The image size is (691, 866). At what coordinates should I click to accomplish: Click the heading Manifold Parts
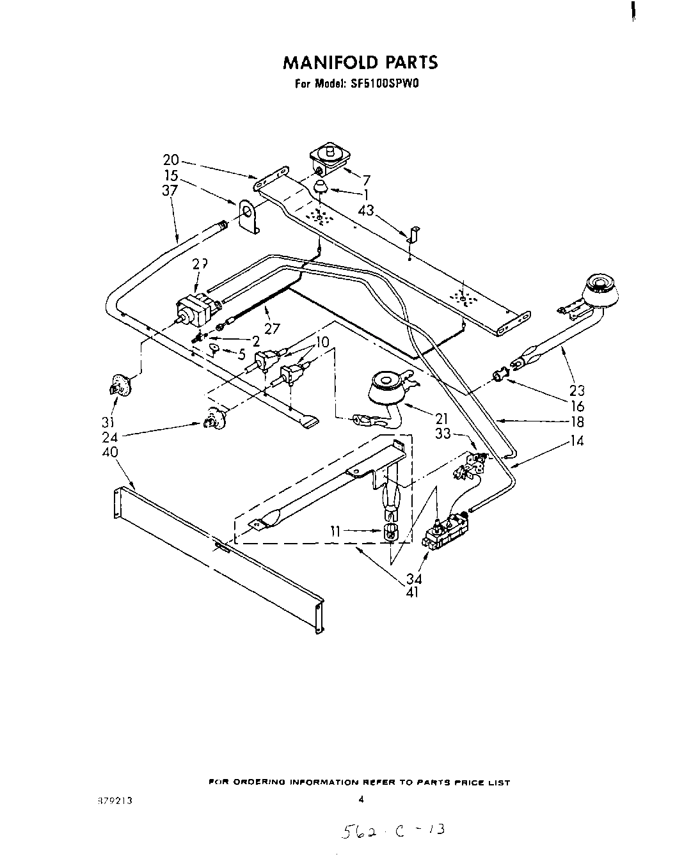tap(360, 62)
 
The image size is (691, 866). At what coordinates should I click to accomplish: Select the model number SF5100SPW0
tap(381, 83)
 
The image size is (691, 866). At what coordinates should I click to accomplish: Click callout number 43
tap(367, 209)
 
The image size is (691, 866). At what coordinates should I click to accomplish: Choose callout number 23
tap(577, 391)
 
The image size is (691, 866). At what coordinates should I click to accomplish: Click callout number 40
tap(110, 452)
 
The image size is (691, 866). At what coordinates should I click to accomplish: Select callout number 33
tap(443, 434)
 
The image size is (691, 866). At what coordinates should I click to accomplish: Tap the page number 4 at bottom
tap(361, 799)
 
